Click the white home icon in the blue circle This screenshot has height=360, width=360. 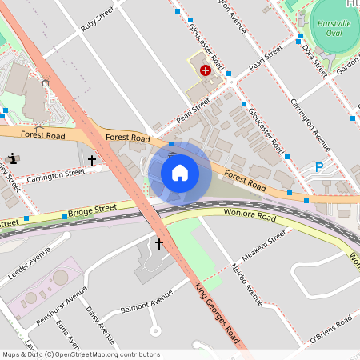pyautogui.click(x=180, y=172)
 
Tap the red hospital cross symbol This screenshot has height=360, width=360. pyautogui.click(x=206, y=70)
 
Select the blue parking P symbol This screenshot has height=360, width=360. pyautogui.click(x=319, y=167)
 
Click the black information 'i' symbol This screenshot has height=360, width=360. pyautogui.click(x=12, y=158)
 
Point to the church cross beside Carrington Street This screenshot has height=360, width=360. pyautogui.click(x=92, y=161)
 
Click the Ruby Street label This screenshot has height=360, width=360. pyautogui.click(x=98, y=21)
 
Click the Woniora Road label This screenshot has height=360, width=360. pyautogui.click(x=250, y=217)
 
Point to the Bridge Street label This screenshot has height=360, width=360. pyautogui.click(x=92, y=210)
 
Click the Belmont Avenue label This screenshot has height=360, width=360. pyautogui.click(x=146, y=300)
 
